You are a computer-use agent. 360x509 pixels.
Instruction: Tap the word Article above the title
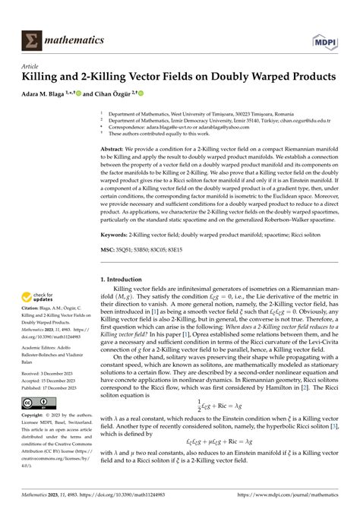(x=31, y=66)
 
